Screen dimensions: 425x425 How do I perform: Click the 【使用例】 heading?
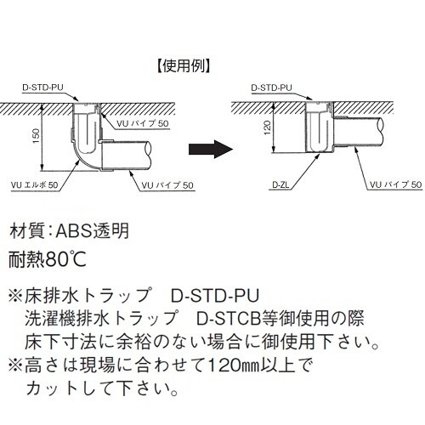pos(178,64)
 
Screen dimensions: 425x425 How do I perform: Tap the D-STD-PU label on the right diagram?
pos(272,87)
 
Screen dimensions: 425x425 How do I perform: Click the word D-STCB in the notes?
pos(224,320)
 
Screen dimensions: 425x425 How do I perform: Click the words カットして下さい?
pos(102,392)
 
